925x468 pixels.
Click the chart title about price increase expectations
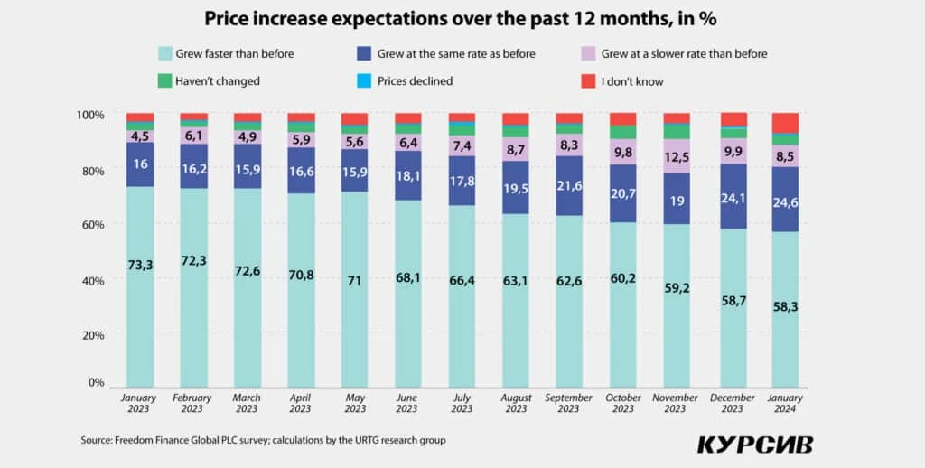click(462, 18)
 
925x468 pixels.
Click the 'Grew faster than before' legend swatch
click(165, 53)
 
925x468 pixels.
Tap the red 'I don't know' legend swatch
click(586, 81)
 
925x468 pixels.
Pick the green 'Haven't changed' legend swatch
click(165, 81)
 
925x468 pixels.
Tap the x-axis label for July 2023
click(462, 403)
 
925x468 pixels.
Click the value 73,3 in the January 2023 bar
click(140, 263)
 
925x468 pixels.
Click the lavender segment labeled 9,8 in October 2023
click(622, 151)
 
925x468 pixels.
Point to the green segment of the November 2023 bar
click(677, 131)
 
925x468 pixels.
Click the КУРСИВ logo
click(754, 445)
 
